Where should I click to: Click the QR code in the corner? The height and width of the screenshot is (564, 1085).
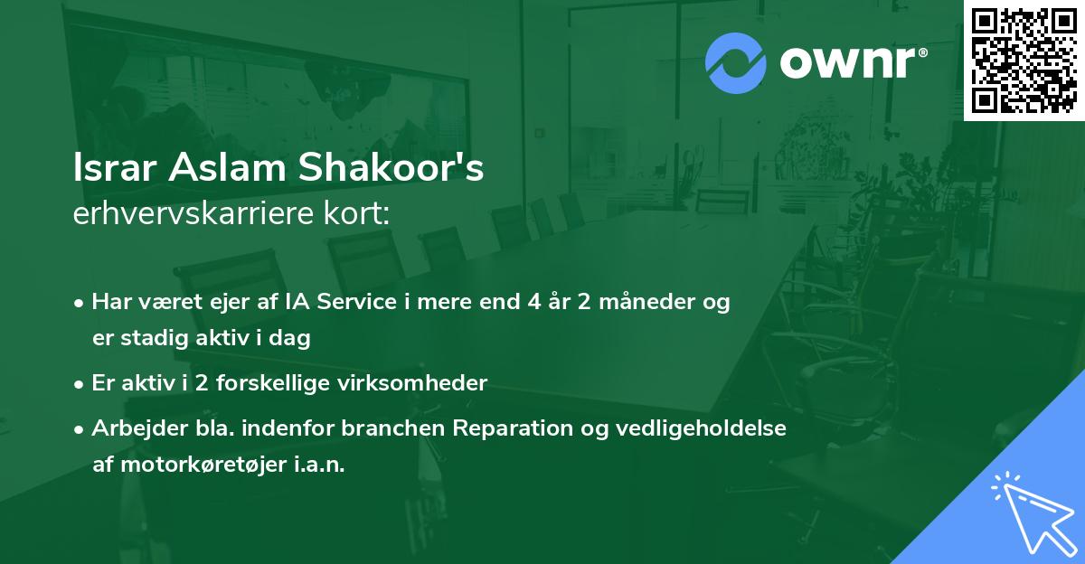1024,60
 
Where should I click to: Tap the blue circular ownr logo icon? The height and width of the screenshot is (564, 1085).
736,62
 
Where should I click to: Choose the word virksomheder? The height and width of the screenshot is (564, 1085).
415,382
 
